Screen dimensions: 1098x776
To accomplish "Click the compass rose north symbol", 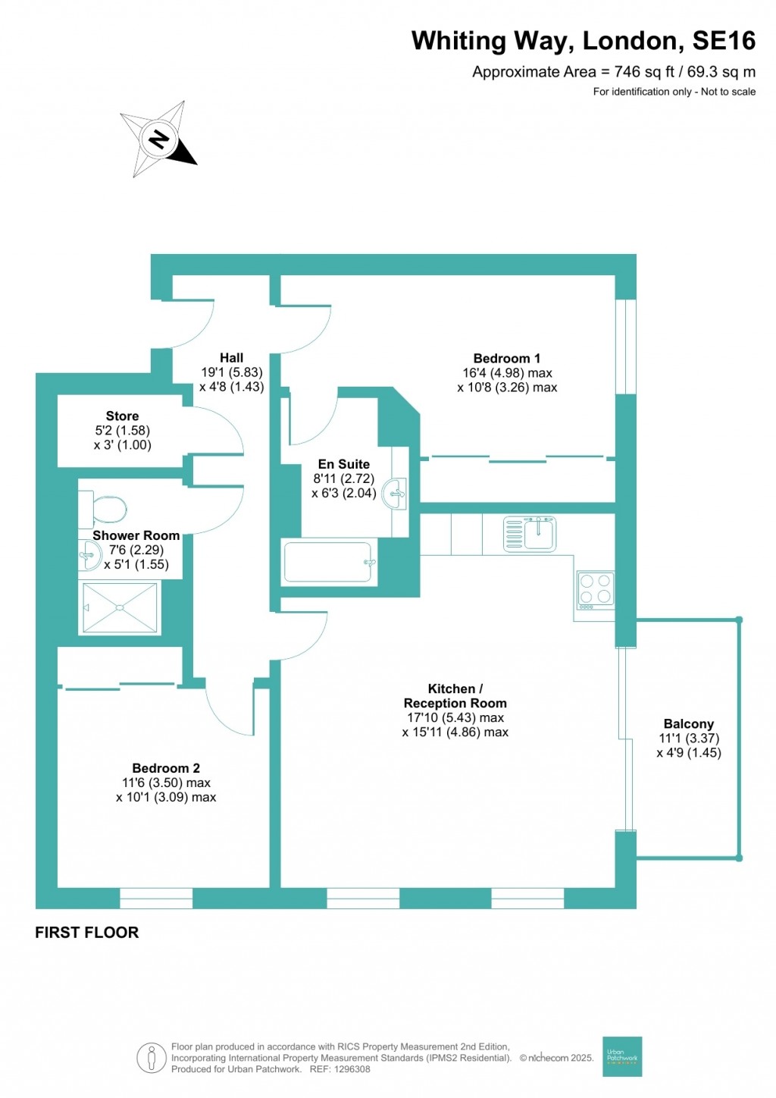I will click(x=159, y=140).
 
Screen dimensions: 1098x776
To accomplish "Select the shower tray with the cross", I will click(x=120, y=607).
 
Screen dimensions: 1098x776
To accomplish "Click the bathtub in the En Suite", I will click(x=329, y=563).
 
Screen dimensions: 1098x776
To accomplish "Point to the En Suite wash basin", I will click(x=396, y=494).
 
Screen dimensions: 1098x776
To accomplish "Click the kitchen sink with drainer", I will click(x=530, y=533).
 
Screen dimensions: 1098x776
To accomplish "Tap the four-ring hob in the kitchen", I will click(x=595, y=589).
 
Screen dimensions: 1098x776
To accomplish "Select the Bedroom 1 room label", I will click(x=507, y=359).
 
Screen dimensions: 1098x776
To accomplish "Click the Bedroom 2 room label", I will click(x=166, y=768).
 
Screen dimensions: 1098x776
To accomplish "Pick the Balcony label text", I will click(x=688, y=724).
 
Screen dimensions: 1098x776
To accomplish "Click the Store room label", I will click(x=122, y=416).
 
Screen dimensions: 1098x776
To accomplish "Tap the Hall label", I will click(x=231, y=358).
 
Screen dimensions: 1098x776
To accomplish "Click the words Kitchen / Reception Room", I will click(x=455, y=696).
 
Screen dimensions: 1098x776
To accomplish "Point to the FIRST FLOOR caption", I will click(x=87, y=933).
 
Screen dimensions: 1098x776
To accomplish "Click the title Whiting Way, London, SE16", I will click(x=583, y=41).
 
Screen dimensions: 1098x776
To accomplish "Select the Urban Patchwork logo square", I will click(x=622, y=1056).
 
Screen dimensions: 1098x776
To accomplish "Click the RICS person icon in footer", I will click(x=152, y=1058).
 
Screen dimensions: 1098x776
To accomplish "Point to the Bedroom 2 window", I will click(x=156, y=898).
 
